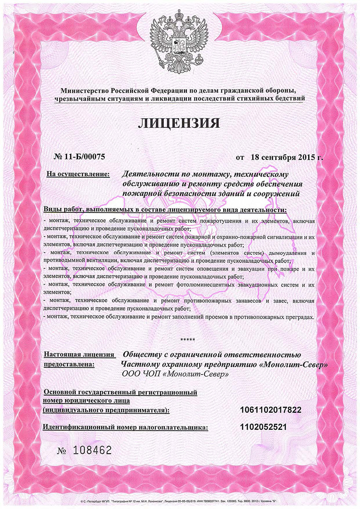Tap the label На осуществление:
click(x=78, y=174)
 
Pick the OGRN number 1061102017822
click(x=270, y=410)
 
